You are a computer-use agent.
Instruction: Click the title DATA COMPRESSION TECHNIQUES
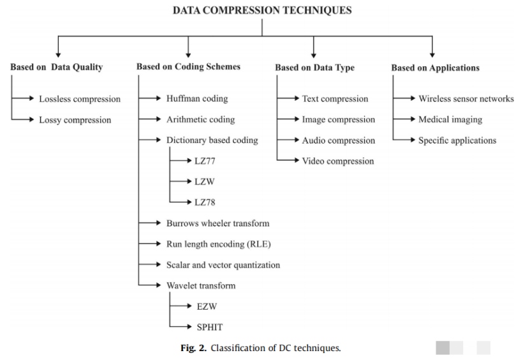262,10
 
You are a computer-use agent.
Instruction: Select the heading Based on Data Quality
56,67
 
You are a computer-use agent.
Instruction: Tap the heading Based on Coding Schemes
188,66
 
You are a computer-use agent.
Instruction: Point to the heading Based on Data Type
314,68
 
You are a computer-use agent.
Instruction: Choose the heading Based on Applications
435,67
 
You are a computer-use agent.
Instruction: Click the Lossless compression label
80,99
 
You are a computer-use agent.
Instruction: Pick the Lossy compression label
75,119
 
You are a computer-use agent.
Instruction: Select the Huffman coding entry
197,99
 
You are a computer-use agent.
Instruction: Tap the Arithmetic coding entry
200,119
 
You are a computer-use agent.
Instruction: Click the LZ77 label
205,161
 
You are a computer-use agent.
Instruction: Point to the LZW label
204,181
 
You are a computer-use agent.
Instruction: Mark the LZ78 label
205,202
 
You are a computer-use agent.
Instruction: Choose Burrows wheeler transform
217,223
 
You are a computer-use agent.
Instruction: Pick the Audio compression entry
339,140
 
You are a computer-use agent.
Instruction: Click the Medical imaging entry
450,119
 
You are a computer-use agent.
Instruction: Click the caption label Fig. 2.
193,348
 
